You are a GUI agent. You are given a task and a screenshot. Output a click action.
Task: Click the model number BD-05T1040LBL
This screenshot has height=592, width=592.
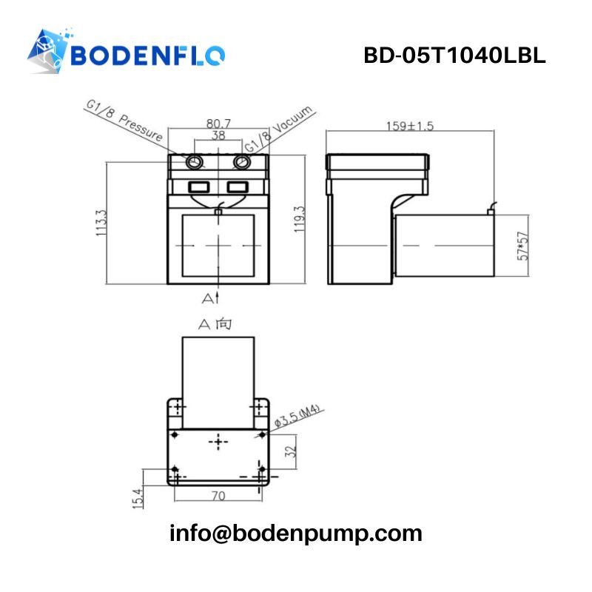(x=454, y=55)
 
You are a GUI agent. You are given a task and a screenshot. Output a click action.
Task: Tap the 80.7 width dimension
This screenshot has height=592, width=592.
(x=218, y=124)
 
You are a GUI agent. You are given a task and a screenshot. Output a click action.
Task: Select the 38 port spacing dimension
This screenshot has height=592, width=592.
(x=218, y=135)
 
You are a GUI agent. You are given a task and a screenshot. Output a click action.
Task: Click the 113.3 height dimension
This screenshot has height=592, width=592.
(x=101, y=222)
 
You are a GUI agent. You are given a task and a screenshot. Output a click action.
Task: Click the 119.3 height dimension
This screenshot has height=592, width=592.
(x=299, y=219)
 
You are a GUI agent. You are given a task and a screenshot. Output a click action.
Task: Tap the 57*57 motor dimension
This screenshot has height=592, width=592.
(x=523, y=246)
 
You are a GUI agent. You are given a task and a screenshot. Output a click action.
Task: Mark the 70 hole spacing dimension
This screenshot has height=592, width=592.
(x=218, y=496)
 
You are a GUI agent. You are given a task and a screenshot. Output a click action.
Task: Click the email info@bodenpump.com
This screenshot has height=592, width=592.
(x=296, y=533)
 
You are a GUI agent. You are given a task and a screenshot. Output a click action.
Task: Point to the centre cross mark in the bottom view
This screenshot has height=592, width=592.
(x=218, y=442)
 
